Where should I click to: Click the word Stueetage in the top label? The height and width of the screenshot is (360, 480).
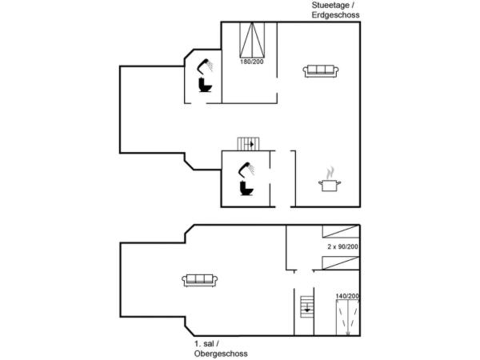[x=327, y=5]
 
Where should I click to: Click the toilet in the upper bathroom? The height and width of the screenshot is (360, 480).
[x=204, y=85]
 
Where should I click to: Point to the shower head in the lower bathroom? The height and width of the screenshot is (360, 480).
[x=246, y=169]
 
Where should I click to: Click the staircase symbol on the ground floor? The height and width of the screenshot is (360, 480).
[x=248, y=144]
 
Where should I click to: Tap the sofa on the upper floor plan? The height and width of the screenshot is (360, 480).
[x=200, y=279]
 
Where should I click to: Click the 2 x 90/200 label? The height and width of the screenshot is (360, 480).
[x=342, y=247]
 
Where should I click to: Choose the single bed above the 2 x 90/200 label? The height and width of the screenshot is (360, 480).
[x=340, y=231]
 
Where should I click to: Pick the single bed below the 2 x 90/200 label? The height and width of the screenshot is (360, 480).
[x=340, y=262]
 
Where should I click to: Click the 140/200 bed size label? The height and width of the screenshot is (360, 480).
[x=346, y=297]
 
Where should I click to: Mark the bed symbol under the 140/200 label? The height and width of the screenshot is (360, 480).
[x=346, y=318]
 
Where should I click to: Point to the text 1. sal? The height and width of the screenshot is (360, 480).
[x=206, y=344]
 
